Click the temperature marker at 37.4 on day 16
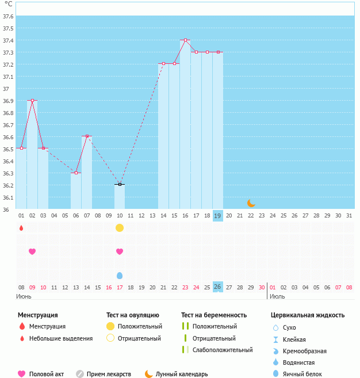click(x=185, y=40)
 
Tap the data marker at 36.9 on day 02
click(x=32, y=101)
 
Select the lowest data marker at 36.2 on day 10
click(x=120, y=185)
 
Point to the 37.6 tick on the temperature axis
click(x=8, y=16)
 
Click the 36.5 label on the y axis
click(x=8, y=149)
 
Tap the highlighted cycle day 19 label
click(x=218, y=216)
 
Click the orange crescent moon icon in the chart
click(x=251, y=203)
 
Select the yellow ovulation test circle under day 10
click(x=120, y=228)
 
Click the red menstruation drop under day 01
click(x=21, y=228)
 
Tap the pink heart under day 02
click(x=32, y=251)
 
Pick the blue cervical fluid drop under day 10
click(x=120, y=276)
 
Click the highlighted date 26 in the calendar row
click(x=218, y=287)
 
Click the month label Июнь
click(x=24, y=296)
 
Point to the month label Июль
click(x=277, y=296)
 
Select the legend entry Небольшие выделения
click(x=61, y=338)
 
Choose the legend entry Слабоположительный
click(x=223, y=350)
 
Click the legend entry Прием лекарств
click(x=109, y=374)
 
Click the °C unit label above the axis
click(x=8, y=3)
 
